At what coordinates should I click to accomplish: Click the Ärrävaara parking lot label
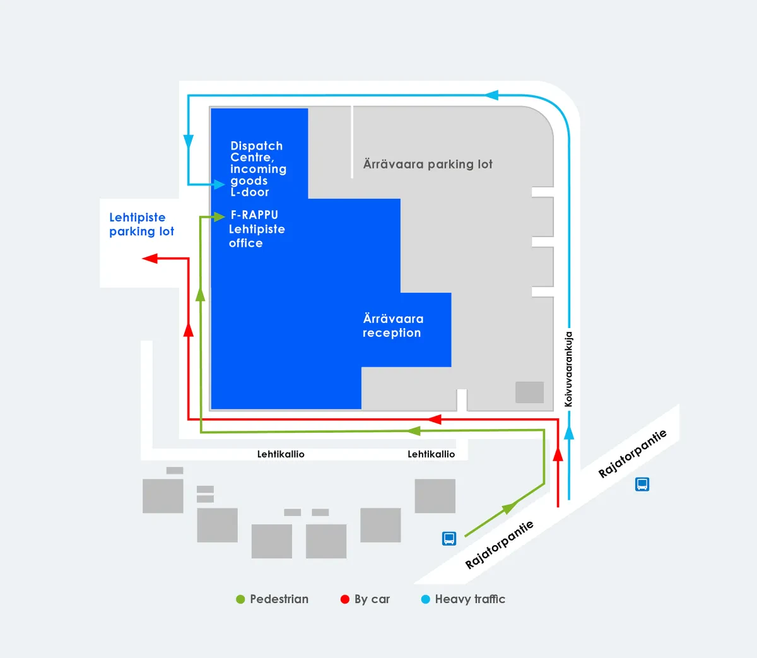point(428,164)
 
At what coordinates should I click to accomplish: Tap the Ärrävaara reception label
point(392,326)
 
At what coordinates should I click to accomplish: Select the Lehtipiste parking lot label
point(141,225)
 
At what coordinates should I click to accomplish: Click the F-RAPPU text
point(254,215)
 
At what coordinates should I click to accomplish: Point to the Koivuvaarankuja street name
point(568,369)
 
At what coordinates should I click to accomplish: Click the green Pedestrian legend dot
point(240,599)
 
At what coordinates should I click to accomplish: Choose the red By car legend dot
point(345,599)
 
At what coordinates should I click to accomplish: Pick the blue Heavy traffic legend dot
point(426,599)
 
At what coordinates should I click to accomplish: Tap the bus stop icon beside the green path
point(449,538)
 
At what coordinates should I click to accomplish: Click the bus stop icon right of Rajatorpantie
point(642,485)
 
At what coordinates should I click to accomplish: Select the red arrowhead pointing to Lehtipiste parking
point(150,259)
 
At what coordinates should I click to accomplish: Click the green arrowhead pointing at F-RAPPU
point(218,216)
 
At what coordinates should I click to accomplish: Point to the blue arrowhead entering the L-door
point(218,184)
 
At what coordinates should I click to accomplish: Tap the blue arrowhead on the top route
point(491,95)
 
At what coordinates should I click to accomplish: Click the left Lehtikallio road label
point(281,454)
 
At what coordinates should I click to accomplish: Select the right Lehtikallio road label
point(431,454)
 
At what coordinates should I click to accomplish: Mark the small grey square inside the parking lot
point(529,392)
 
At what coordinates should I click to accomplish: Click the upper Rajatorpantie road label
point(632,454)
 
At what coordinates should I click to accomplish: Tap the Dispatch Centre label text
point(256,151)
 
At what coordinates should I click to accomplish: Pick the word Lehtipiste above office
point(257,229)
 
